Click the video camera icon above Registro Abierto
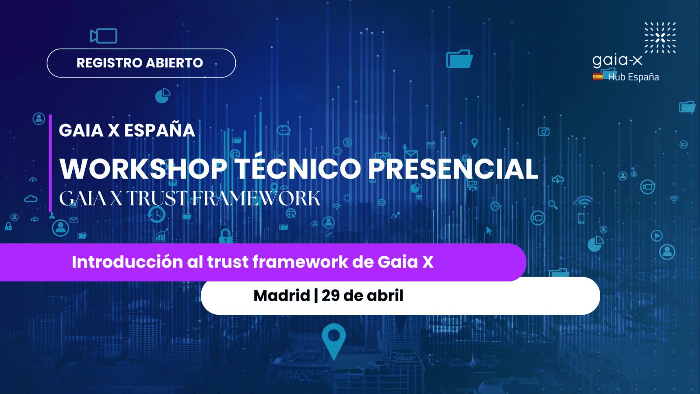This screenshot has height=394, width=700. [x=103, y=35]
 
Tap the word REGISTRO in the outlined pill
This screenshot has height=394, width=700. [x=109, y=63]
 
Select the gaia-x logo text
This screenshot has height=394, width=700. [x=617, y=61]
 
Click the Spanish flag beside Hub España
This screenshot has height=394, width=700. [x=598, y=77]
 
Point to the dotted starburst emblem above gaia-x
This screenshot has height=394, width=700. [x=660, y=38]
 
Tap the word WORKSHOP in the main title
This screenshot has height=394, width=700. [x=143, y=169]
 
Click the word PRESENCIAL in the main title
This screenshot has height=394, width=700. [x=453, y=169]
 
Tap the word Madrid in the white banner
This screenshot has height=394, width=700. [x=282, y=295]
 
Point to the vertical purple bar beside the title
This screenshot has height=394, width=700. [x=50, y=163]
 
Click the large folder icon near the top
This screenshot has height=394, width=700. [x=459, y=59]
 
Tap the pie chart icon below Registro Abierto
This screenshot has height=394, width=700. [x=163, y=95]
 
